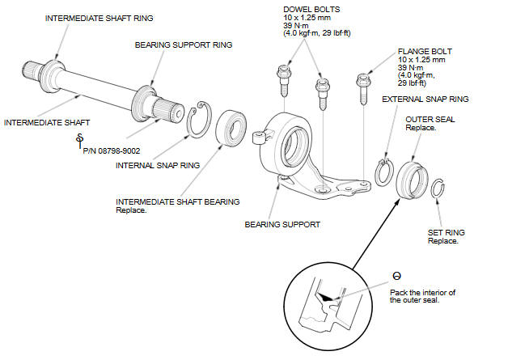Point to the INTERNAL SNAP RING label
(157, 165)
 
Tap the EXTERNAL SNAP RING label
(425, 99)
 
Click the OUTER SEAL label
(424, 119)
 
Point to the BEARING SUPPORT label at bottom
(282, 224)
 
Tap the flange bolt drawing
(362, 89)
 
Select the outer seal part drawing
(410, 177)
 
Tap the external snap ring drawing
(383, 172)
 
